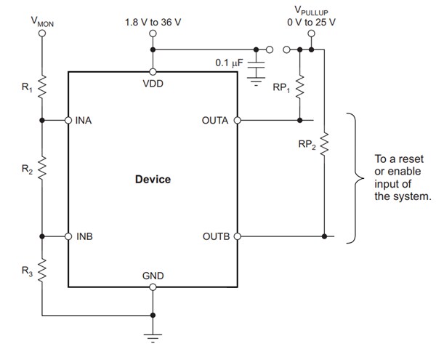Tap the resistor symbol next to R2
pyautogui.click(x=42, y=169)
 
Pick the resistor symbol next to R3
pyautogui.click(x=42, y=273)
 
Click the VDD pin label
pyautogui.click(x=153, y=83)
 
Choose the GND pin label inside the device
pyautogui.click(x=153, y=276)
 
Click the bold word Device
pyautogui.click(x=153, y=179)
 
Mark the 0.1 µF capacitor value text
pyautogui.click(x=230, y=63)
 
